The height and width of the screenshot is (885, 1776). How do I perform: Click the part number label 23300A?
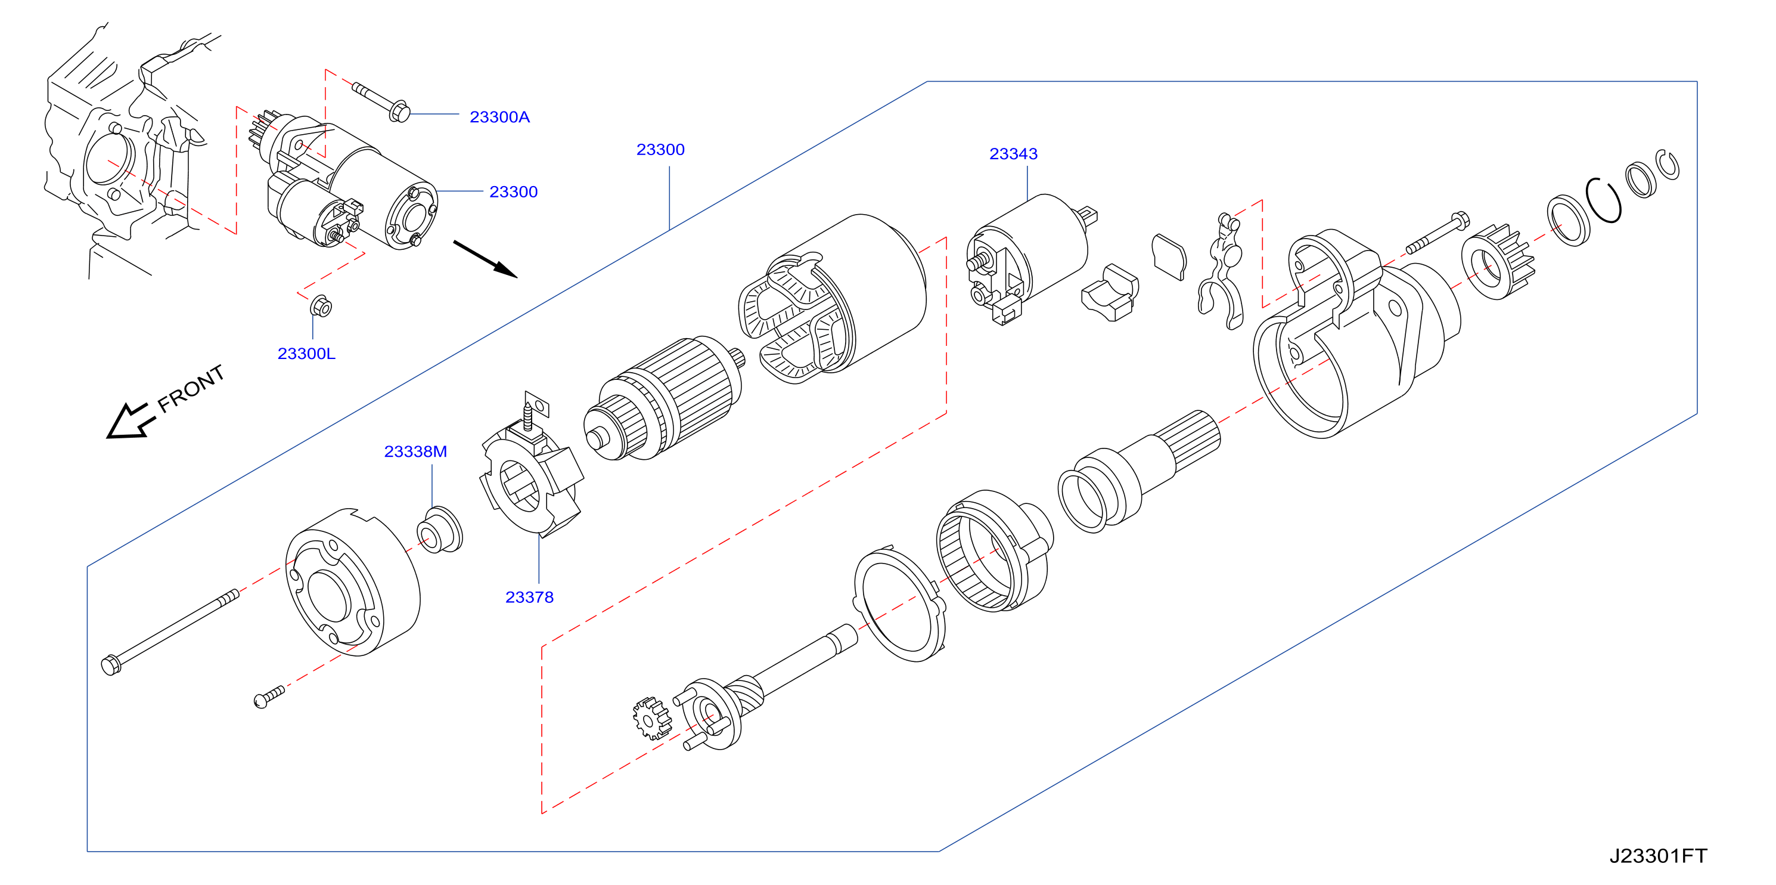click(499, 117)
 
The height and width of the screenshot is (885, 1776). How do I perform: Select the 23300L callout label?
click(306, 354)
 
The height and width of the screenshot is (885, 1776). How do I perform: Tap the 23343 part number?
click(1013, 154)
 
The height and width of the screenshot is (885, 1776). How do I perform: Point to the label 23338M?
click(415, 452)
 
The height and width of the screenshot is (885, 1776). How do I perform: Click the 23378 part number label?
click(529, 598)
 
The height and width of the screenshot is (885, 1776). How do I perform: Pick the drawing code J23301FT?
click(1657, 856)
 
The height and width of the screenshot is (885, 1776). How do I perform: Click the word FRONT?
click(191, 389)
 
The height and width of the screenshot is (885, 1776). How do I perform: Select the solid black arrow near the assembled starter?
click(485, 259)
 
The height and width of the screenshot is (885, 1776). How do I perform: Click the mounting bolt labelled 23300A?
click(381, 102)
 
